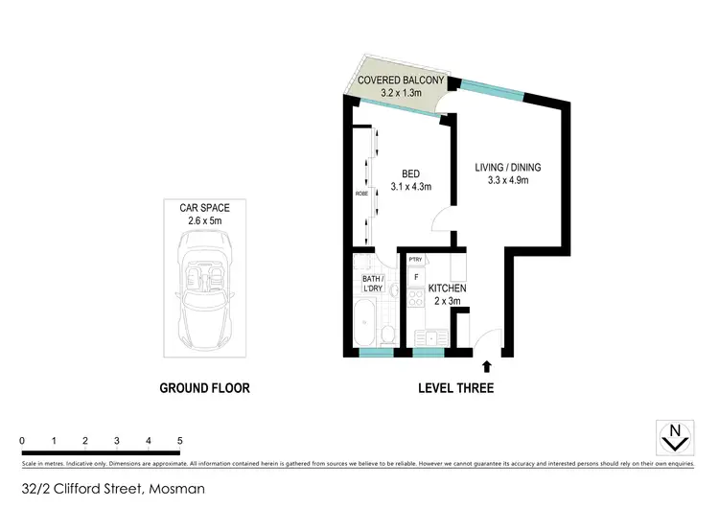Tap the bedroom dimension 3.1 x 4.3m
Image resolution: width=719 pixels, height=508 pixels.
coord(411,187)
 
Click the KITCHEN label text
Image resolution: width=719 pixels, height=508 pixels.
coord(447,288)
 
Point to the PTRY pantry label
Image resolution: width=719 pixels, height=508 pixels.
coord(415,260)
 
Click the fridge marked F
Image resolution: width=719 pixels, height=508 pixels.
coord(415,278)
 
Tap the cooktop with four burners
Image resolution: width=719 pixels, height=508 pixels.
coord(416,300)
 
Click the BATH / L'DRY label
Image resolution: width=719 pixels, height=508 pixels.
coord(373,283)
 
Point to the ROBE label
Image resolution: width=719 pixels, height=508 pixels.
coord(360,192)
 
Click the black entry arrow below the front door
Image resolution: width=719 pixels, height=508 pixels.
coord(487,365)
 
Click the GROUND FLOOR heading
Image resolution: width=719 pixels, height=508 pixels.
coord(204,388)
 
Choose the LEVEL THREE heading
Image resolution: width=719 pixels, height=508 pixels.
coord(455,388)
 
